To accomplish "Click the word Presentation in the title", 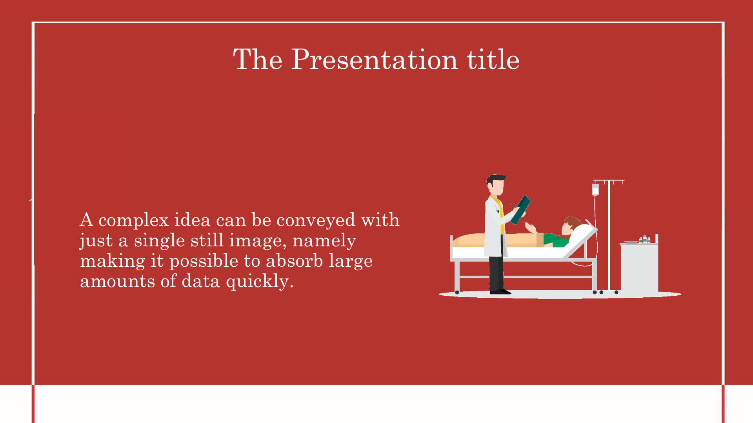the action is pyautogui.click(x=374, y=60).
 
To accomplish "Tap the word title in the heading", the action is pyautogui.click(x=493, y=60).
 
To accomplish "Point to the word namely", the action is pyautogui.click(x=324, y=241).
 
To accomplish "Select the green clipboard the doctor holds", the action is pyautogui.click(x=520, y=210).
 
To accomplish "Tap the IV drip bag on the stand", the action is pyautogui.click(x=595, y=190).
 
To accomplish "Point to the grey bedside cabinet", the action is pyautogui.click(x=639, y=268).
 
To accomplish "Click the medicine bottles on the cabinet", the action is pyautogui.click(x=644, y=239).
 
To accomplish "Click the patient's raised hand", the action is pyautogui.click(x=530, y=227).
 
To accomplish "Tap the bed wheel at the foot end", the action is pyautogui.click(x=457, y=292).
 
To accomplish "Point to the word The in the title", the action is pyautogui.click(x=258, y=60).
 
